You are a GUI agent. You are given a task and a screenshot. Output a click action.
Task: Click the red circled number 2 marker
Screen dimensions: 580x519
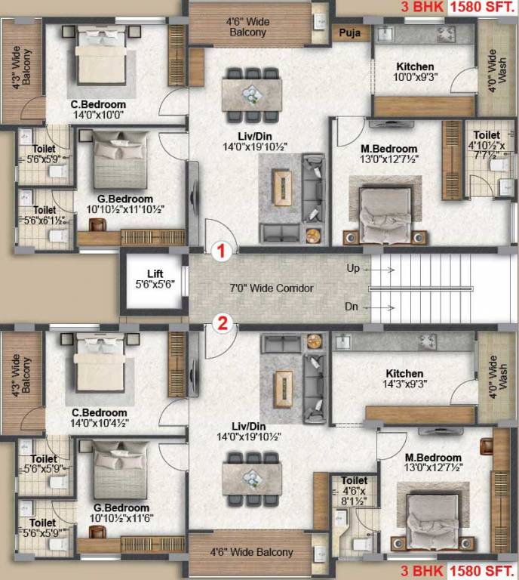222,324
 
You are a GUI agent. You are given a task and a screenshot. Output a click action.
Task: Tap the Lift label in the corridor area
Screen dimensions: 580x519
155,274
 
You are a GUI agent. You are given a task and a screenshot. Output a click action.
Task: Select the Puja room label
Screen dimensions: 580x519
349,33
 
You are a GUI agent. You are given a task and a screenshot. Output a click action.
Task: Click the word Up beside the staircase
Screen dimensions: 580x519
353,268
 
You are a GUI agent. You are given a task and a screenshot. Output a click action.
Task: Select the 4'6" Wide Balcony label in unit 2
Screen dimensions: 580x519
251,552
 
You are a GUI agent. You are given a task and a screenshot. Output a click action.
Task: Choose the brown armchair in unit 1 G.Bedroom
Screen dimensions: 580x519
97,224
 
